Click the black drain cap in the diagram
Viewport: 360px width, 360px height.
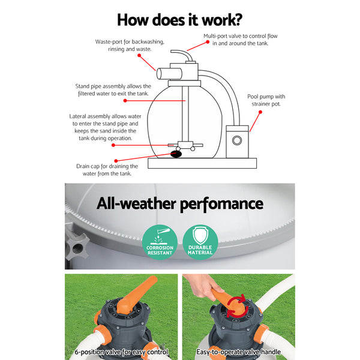point(177,154)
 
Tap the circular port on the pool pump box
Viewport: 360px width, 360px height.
point(237,141)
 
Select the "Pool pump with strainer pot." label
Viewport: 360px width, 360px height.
point(267,100)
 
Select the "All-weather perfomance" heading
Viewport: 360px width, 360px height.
point(179,203)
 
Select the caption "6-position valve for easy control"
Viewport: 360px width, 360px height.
point(122,352)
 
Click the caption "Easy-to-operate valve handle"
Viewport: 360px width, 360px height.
point(239,352)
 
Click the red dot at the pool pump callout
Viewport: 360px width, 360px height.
point(250,131)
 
